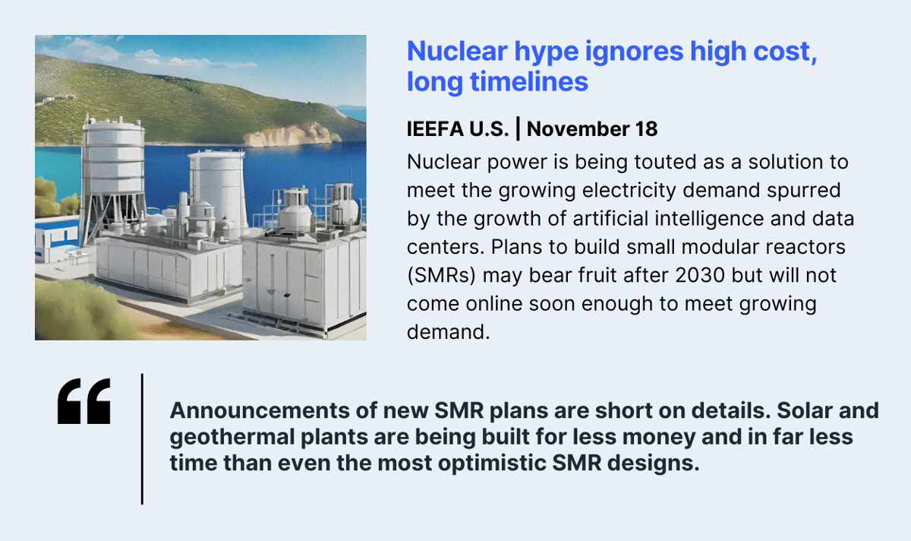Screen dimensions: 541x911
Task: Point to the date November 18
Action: [592, 129]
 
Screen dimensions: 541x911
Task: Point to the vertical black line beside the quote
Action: [142, 438]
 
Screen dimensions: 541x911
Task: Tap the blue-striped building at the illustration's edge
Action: [53, 239]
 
